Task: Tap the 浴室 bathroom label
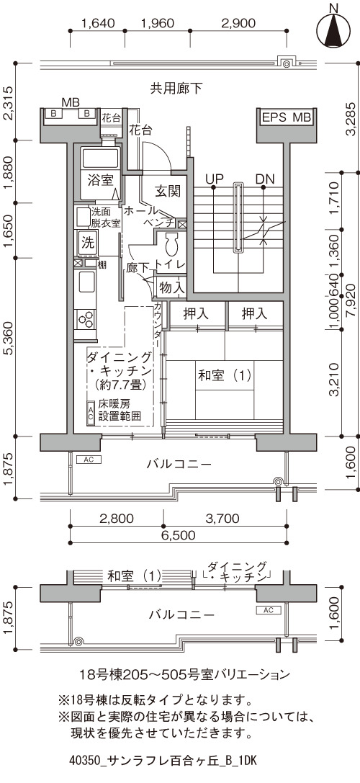tap(100, 180)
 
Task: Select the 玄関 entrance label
tap(167, 191)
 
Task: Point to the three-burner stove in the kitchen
tap(86, 318)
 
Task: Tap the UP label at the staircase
tap(213, 178)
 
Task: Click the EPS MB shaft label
tap(287, 117)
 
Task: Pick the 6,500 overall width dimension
tap(179, 535)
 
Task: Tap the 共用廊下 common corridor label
tap(176, 89)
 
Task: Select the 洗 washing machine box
tap(87, 243)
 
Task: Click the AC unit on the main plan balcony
tap(89, 459)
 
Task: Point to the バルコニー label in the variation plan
tap(181, 614)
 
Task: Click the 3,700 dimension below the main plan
tap(225, 518)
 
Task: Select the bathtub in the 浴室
tap(100, 158)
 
